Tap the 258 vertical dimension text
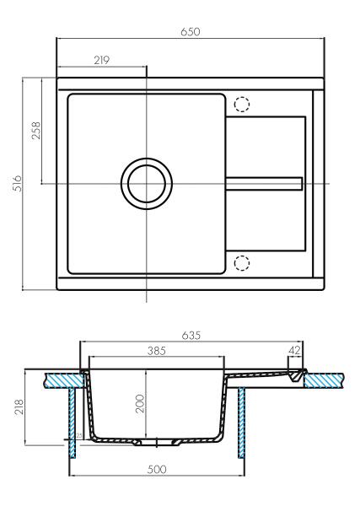point(36,131)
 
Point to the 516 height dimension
point(17,183)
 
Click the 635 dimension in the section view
point(191,336)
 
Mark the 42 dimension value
point(293,349)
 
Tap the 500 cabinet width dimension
point(156,468)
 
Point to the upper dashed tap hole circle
point(242,105)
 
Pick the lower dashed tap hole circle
point(242,262)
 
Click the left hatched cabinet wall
point(73,422)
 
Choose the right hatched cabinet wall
point(243,422)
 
